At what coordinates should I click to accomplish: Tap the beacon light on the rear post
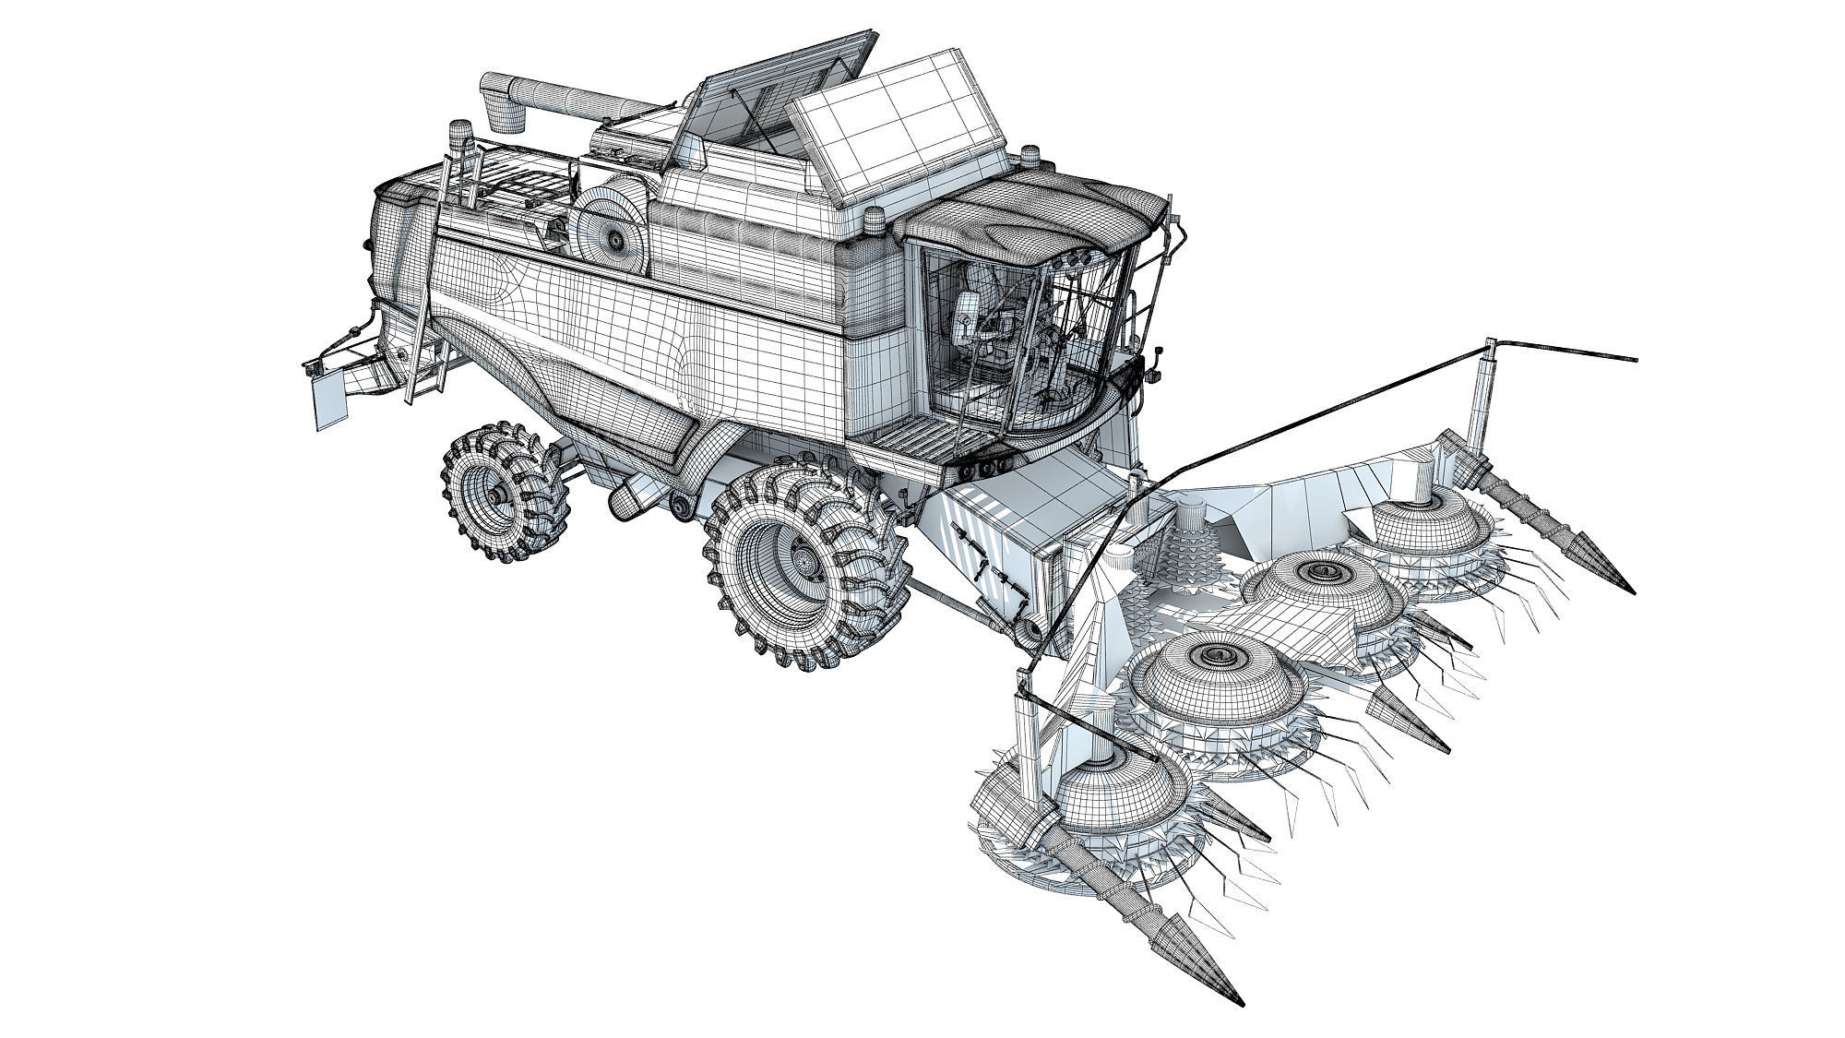pos(458,139)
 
